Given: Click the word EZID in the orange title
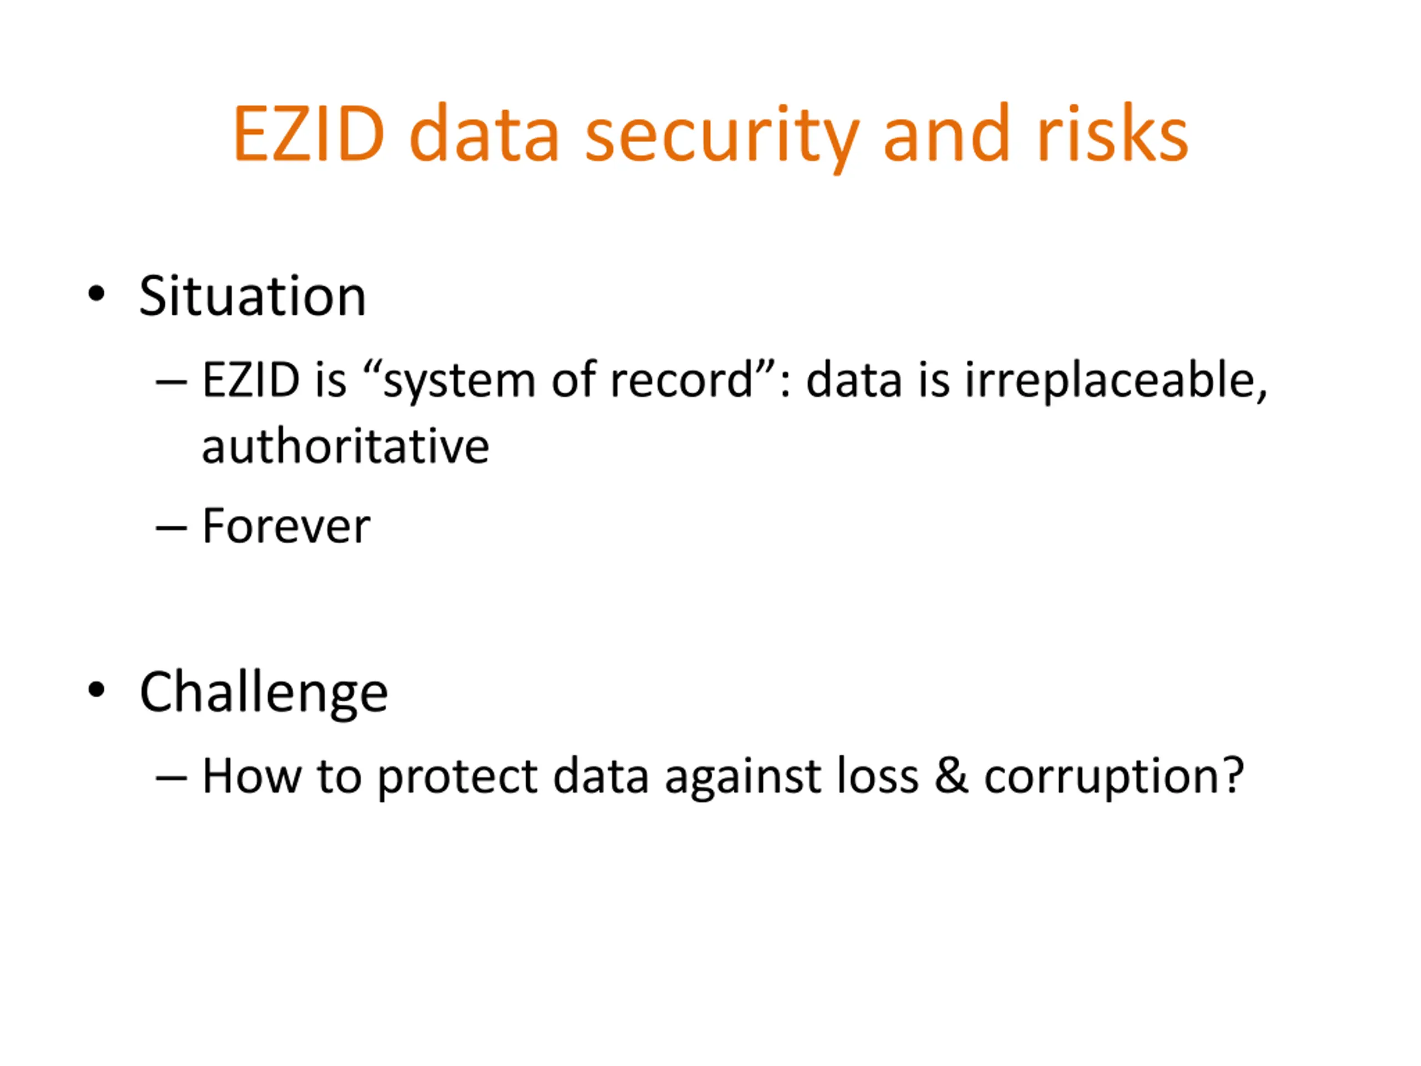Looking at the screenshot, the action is [309, 134].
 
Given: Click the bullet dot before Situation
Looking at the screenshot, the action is [97, 294].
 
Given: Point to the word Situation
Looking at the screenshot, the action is [253, 296].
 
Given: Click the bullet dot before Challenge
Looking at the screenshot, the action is [97, 690].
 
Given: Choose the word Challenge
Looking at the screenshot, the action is [264, 693].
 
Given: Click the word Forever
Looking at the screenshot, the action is [286, 526].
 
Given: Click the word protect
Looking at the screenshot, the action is [457, 778].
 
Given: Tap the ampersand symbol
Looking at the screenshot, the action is [951, 775].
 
